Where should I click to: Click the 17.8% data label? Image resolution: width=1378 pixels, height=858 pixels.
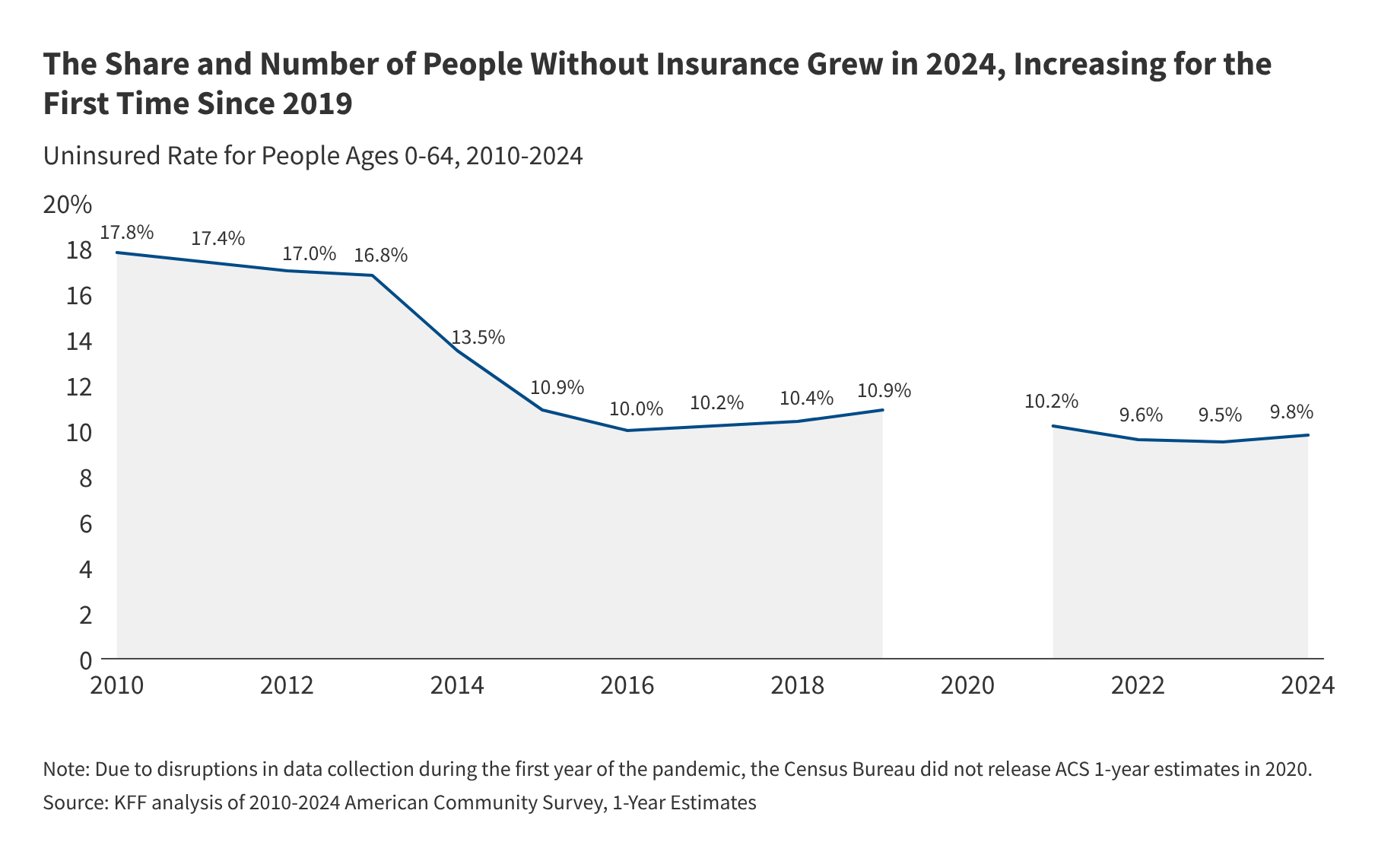pos(126,232)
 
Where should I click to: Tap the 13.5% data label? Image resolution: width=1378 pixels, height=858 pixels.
pos(478,337)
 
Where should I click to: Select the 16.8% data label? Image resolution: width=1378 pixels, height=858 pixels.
pos(380,255)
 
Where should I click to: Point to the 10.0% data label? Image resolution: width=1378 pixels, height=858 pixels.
pos(637,408)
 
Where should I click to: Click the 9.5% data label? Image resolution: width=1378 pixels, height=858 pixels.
pos(1220,415)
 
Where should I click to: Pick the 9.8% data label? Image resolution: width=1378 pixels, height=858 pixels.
pos(1291,412)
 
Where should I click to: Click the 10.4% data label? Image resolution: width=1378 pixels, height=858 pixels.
pos(807,398)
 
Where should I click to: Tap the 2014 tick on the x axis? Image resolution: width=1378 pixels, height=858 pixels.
pos(457,685)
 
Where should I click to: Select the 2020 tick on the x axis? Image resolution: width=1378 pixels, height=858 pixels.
pos(967,685)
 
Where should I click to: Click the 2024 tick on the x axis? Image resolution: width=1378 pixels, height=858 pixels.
pos(1307,685)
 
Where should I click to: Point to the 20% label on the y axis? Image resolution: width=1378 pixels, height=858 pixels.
pos(68,205)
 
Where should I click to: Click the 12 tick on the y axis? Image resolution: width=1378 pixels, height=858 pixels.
pos(79,387)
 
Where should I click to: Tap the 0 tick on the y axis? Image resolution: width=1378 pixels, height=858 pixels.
pos(85,660)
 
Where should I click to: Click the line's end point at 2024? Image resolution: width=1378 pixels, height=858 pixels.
pos(1308,435)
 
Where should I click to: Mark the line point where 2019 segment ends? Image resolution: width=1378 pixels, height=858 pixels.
pos(882,410)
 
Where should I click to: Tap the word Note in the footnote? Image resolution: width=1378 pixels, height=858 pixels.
pos(65,768)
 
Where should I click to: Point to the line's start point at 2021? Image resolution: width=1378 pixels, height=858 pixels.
pos(1053,426)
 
